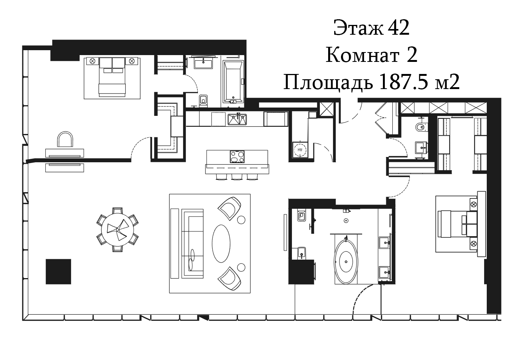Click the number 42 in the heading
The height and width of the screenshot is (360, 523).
point(398,28)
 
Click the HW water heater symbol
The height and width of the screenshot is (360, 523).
point(300,150)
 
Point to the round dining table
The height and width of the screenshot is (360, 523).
point(117,229)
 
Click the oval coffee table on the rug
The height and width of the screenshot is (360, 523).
point(221,243)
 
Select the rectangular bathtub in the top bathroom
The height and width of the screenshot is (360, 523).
point(233,82)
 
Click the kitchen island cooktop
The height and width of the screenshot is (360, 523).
point(237,156)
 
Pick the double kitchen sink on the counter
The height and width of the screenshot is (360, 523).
point(237,120)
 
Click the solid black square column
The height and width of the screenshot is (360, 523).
point(59,271)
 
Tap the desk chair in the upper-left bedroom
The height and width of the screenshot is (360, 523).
point(65,140)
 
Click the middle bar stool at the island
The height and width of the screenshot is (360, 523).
point(237,177)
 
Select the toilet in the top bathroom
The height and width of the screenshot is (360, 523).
point(204,100)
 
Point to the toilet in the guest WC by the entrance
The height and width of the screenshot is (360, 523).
point(421,127)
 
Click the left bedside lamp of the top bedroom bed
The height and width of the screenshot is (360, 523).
point(93,61)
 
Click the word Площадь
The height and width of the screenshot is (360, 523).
point(328,82)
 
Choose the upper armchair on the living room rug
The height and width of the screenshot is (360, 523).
point(229,208)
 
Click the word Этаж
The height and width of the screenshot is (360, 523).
point(358,28)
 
